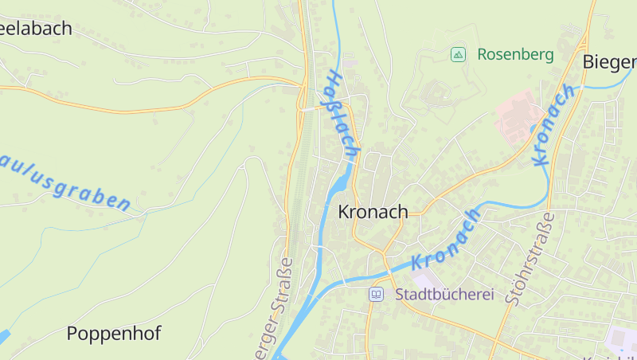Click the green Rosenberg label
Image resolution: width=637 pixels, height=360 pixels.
514,55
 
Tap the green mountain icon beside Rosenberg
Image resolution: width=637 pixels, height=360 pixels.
458,54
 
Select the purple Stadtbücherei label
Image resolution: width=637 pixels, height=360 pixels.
444,295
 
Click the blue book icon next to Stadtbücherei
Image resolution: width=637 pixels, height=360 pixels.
376,295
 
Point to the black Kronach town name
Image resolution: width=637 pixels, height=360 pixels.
373,212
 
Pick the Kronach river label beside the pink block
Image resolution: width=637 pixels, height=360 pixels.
553,125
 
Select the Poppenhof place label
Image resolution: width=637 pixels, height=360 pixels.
113,334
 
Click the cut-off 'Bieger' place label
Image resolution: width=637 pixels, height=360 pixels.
610,61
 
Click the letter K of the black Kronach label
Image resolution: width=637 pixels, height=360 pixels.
344,212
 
